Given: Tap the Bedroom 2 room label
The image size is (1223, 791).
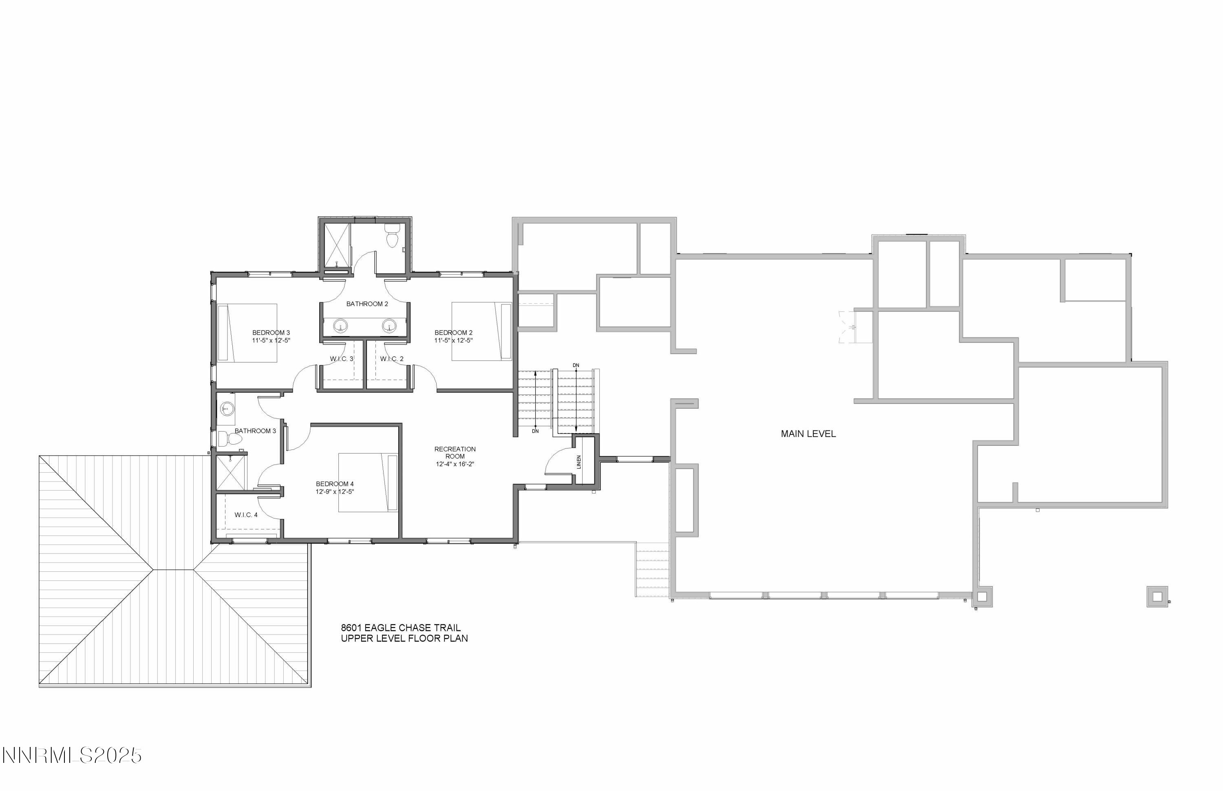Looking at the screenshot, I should (x=453, y=333).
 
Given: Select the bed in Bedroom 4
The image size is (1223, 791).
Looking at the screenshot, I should (x=367, y=483).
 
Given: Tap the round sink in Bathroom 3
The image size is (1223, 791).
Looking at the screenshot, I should (x=227, y=409).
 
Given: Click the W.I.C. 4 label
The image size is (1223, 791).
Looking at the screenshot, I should (x=246, y=515).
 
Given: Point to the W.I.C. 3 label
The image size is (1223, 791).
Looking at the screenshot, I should (x=342, y=359).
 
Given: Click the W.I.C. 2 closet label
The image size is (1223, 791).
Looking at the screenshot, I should (x=392, y=359).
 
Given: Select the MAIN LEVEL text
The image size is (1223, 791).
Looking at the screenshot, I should (x=808, y=434).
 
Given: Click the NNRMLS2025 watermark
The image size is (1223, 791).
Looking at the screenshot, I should (x=72, y=756).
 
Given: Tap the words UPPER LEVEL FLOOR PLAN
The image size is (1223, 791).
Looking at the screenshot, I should (x=404, y=639).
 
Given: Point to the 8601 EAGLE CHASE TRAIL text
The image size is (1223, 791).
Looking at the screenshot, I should (x=401, y=628).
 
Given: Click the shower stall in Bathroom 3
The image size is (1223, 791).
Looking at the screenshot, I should (x=231, y=473).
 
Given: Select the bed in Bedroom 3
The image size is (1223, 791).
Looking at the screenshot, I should (x=247, y=333).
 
